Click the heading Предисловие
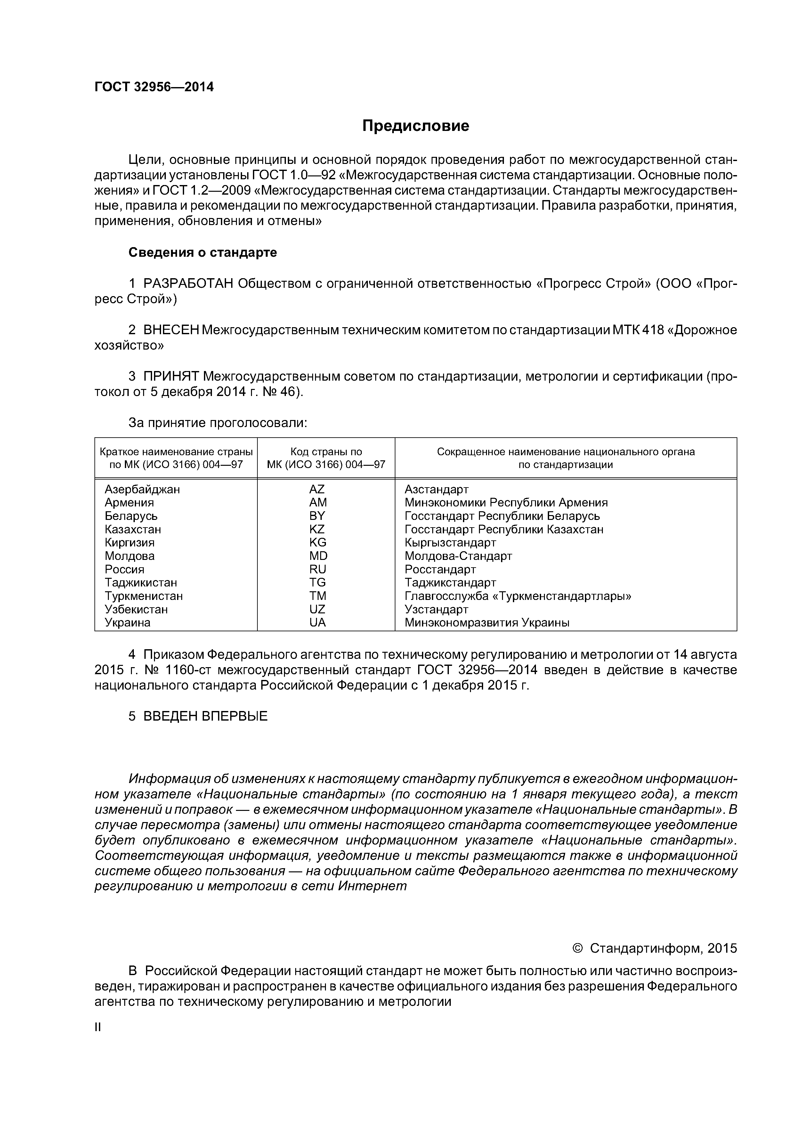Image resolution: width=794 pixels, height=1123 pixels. click(415, 126)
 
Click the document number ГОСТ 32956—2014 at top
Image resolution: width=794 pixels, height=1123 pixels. click(154, 87)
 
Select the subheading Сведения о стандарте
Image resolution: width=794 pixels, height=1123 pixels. click(203, 252)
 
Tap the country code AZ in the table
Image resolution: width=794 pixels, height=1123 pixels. click(317, 489)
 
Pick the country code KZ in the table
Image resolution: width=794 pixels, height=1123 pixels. click(317, 529)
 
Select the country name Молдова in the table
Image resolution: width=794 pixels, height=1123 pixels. click(130, 556)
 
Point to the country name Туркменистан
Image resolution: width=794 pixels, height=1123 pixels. click(144, 596)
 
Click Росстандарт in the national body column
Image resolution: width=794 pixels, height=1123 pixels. click(440, 569)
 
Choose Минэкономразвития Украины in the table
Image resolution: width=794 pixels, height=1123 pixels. click(487, 623)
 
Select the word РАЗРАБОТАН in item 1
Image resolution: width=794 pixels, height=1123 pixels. click(188, 284)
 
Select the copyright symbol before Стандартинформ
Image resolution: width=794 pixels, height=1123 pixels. click(578, 949)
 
